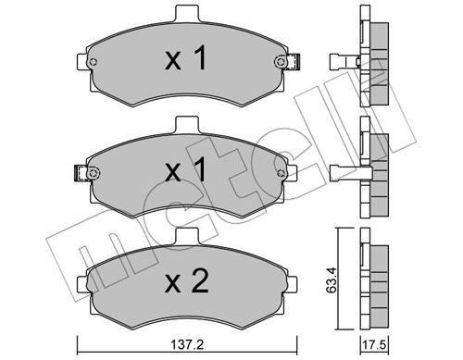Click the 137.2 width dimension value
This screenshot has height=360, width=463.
pos(187,344)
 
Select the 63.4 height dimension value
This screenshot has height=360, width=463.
pos(332,281)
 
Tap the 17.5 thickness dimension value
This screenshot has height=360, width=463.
pos(375,344)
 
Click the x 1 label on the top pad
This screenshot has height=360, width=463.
pos(185,58)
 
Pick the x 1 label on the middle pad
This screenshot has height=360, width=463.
pos(185,169)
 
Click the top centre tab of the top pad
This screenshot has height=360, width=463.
pos(187,14)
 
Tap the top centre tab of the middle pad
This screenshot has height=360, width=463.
pos(187,125)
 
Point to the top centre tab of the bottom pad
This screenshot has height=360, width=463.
pos(187,236)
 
